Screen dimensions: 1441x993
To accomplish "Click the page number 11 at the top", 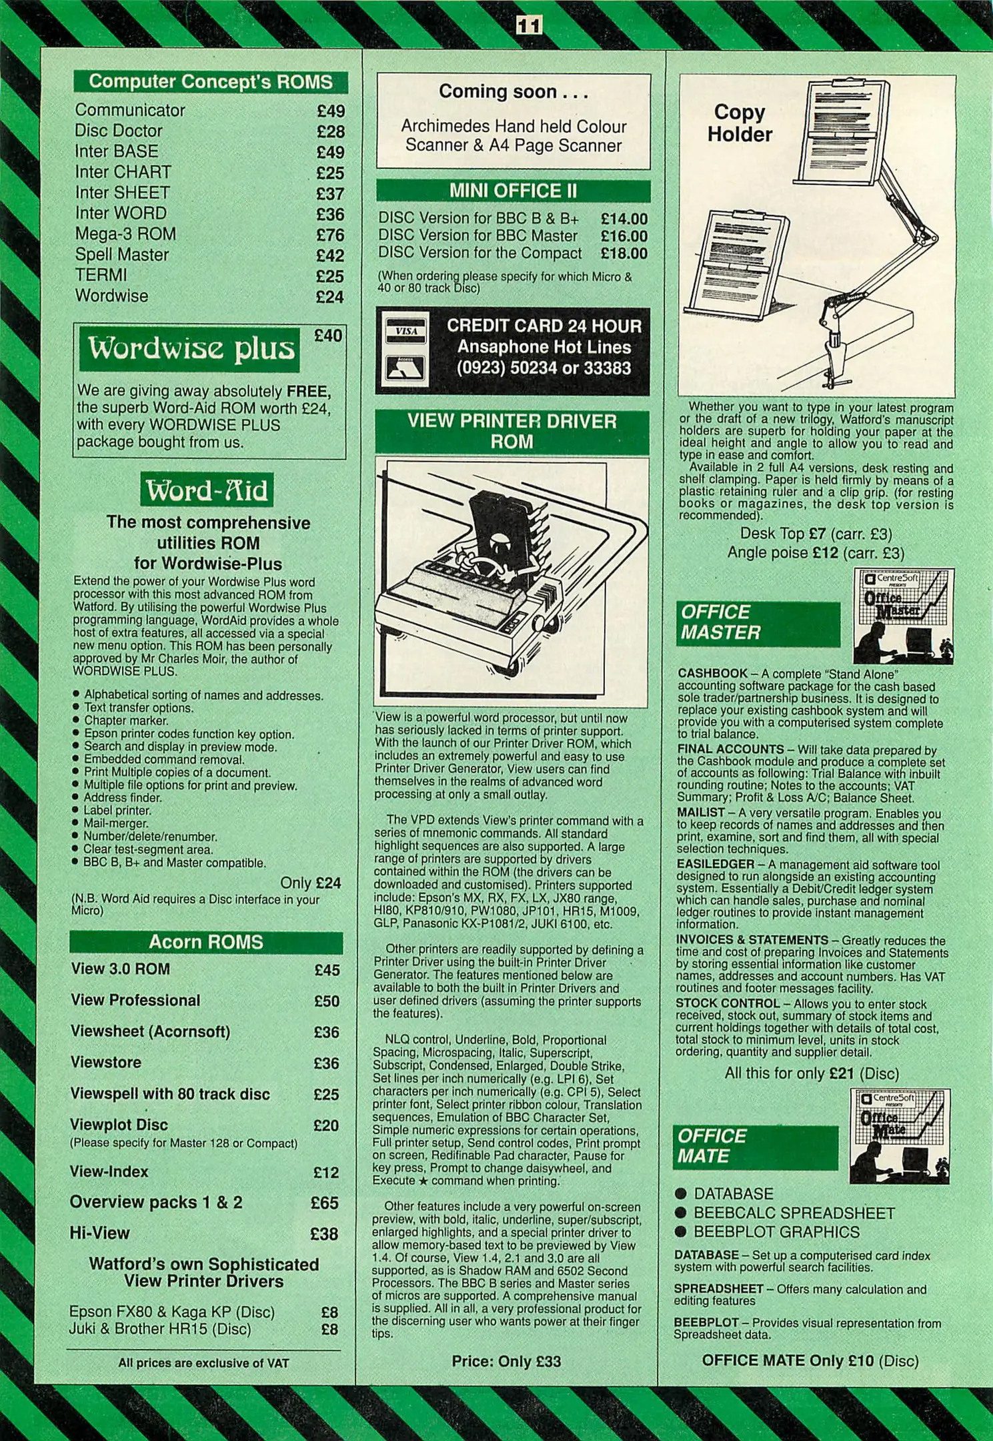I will (529, 26).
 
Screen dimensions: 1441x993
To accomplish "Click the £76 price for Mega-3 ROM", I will (330, 235).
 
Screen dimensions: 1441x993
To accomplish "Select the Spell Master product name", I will (121, 255).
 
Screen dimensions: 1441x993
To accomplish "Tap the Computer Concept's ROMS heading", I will (210, 81).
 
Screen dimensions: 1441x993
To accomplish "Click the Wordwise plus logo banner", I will (190, 348).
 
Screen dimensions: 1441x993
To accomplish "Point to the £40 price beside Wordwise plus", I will (328, 336).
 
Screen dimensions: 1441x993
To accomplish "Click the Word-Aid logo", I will (207, 491).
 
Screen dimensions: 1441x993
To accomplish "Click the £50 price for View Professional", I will (327, 1001).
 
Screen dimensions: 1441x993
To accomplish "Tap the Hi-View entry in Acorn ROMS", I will (99, 1233).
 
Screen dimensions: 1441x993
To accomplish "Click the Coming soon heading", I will (513, 92).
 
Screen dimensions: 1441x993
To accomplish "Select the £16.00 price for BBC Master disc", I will (624, 236).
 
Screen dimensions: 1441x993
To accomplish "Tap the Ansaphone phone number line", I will (544, 368).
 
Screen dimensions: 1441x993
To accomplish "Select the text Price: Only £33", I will (506, 1361).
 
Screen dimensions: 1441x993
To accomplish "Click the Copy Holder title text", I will (739, 123).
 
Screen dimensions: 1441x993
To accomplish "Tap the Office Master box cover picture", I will (903, 615).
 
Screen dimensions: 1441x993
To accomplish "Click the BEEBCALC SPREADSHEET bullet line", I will (794, 1213).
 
